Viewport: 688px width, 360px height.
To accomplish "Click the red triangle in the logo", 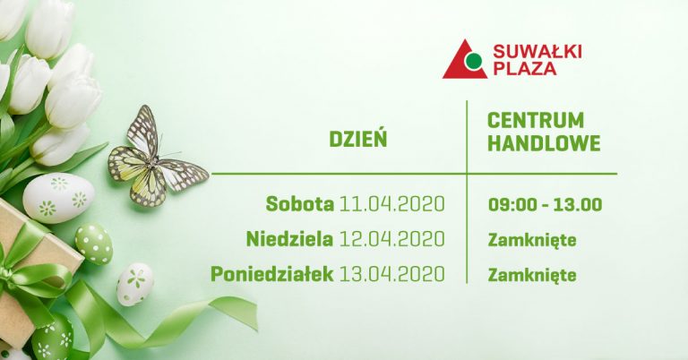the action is [x=459, y=65].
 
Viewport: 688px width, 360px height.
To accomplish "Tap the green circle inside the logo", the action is [x=474, y=62].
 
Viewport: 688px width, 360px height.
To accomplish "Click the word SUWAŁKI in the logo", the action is [x=537, y=52].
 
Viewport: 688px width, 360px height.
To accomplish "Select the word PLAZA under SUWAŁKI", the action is [x=525, y=69].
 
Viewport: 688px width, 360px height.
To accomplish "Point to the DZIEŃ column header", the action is [x=358, y=139].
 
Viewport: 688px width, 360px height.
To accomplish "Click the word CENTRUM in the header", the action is [x=536, y=121].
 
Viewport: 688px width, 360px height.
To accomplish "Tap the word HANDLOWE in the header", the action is [x=544, y=143].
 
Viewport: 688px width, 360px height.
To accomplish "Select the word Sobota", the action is [x=300, y=204].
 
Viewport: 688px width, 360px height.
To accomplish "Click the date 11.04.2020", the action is [x=392, y=204].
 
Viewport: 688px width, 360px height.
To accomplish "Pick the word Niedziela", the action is [x=289, y=239].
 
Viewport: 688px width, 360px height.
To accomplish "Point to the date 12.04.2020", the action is [x=392, y=239].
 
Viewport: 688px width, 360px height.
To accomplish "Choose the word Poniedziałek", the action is [x=272, y=275].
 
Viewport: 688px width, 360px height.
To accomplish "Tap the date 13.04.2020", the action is [x=392, y=275].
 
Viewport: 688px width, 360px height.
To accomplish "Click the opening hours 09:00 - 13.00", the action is [x=545, y=205].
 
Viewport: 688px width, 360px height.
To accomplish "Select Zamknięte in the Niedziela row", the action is [x=532, y=240].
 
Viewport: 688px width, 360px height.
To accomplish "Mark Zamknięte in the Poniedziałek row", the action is [x=532, y=275].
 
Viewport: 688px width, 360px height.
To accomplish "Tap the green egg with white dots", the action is [x=94, y=244].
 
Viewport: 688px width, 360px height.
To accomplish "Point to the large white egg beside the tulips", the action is [x=58, y=198].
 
